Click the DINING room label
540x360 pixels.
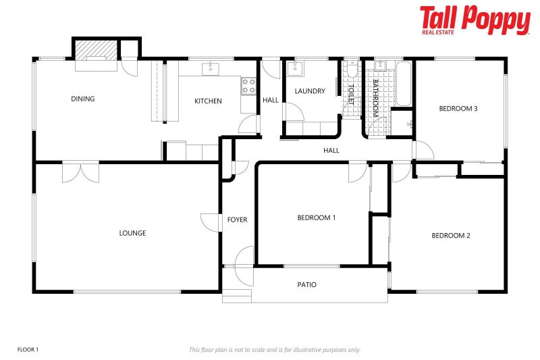(x=82, y=99)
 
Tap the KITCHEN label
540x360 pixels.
(x=208, y=101)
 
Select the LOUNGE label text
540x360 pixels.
(x=132, y=233)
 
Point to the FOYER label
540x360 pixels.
(x=237, y=220)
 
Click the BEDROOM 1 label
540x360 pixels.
(x=317, y=217)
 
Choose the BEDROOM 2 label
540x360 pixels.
(x=451, y=236)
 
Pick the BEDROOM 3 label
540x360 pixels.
(x=458, y=108)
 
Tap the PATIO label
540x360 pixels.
(x=307, y=285)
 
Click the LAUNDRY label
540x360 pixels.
(x=310, y=91)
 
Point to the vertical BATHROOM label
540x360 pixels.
(x=375, y=99)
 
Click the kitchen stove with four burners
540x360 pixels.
(x=248, y=86)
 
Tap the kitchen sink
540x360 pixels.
(x=211, y=68)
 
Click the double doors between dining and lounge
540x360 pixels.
(x=80, y=172)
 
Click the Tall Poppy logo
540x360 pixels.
(x=475, y=20)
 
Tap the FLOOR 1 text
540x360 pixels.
(x=28, y=349)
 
